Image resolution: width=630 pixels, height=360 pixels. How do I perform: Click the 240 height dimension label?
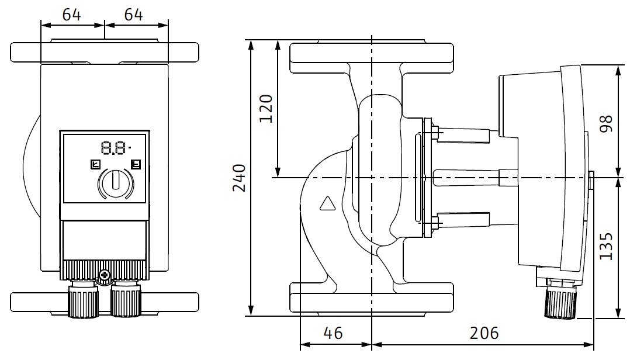pos(238,178)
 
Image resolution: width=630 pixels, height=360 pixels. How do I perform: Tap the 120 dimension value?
pos(266,108)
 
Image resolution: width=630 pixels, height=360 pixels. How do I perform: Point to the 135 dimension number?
pos(606,247)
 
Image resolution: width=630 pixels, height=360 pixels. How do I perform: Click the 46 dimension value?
pos(333,333)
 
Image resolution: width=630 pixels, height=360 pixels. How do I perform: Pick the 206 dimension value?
pos(484,333)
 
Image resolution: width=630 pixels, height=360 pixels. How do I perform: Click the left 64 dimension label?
pos(71,15)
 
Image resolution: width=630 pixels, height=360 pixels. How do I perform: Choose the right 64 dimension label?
pos(134,15)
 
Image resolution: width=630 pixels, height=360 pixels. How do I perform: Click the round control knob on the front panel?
pos(116,182)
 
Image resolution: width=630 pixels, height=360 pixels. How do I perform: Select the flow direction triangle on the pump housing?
pos(328,203)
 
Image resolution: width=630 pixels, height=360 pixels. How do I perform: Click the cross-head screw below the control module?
pos(105,275)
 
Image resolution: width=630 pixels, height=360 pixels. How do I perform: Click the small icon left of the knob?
pos(95,164)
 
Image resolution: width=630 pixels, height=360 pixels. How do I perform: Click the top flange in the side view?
pos(372,57)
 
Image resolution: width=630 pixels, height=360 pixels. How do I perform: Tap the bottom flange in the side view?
pos(372,297)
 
